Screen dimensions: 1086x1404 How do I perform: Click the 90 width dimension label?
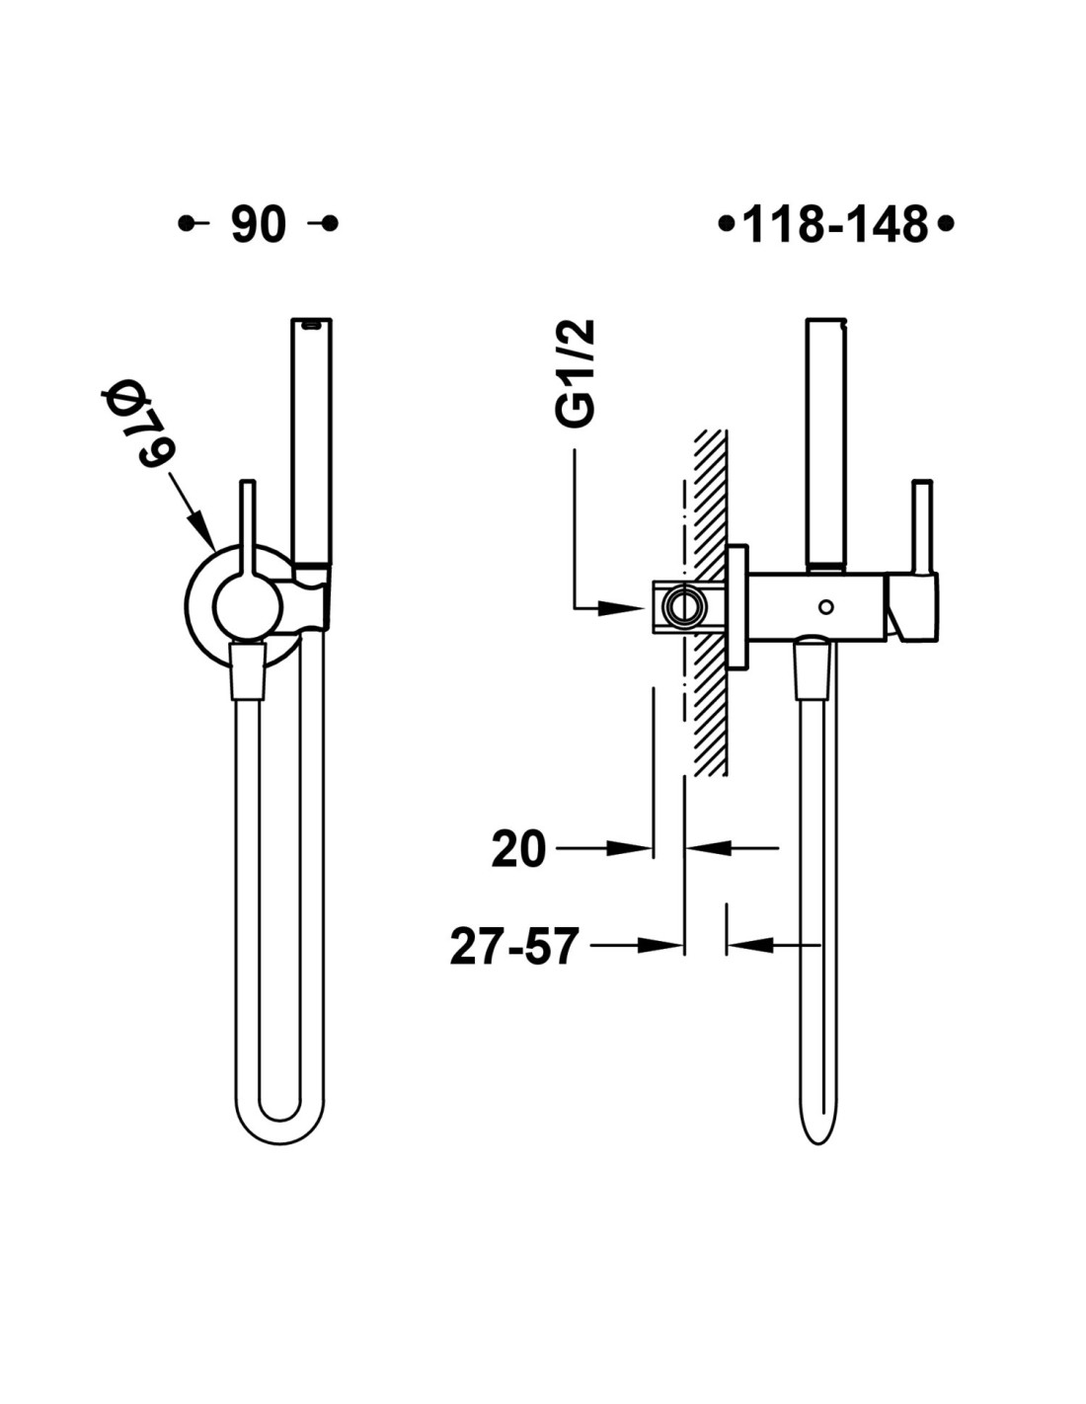pos(259,224)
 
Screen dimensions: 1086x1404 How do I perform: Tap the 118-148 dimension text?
pos(836,224)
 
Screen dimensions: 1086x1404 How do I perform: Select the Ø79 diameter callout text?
pos(139,426)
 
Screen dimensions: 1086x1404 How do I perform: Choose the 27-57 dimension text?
pos(512,946)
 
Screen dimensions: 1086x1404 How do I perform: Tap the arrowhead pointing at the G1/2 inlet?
pos(622,607)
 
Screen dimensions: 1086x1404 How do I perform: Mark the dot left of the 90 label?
pos(187,224)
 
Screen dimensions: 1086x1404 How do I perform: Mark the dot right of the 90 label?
pos(330,224)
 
